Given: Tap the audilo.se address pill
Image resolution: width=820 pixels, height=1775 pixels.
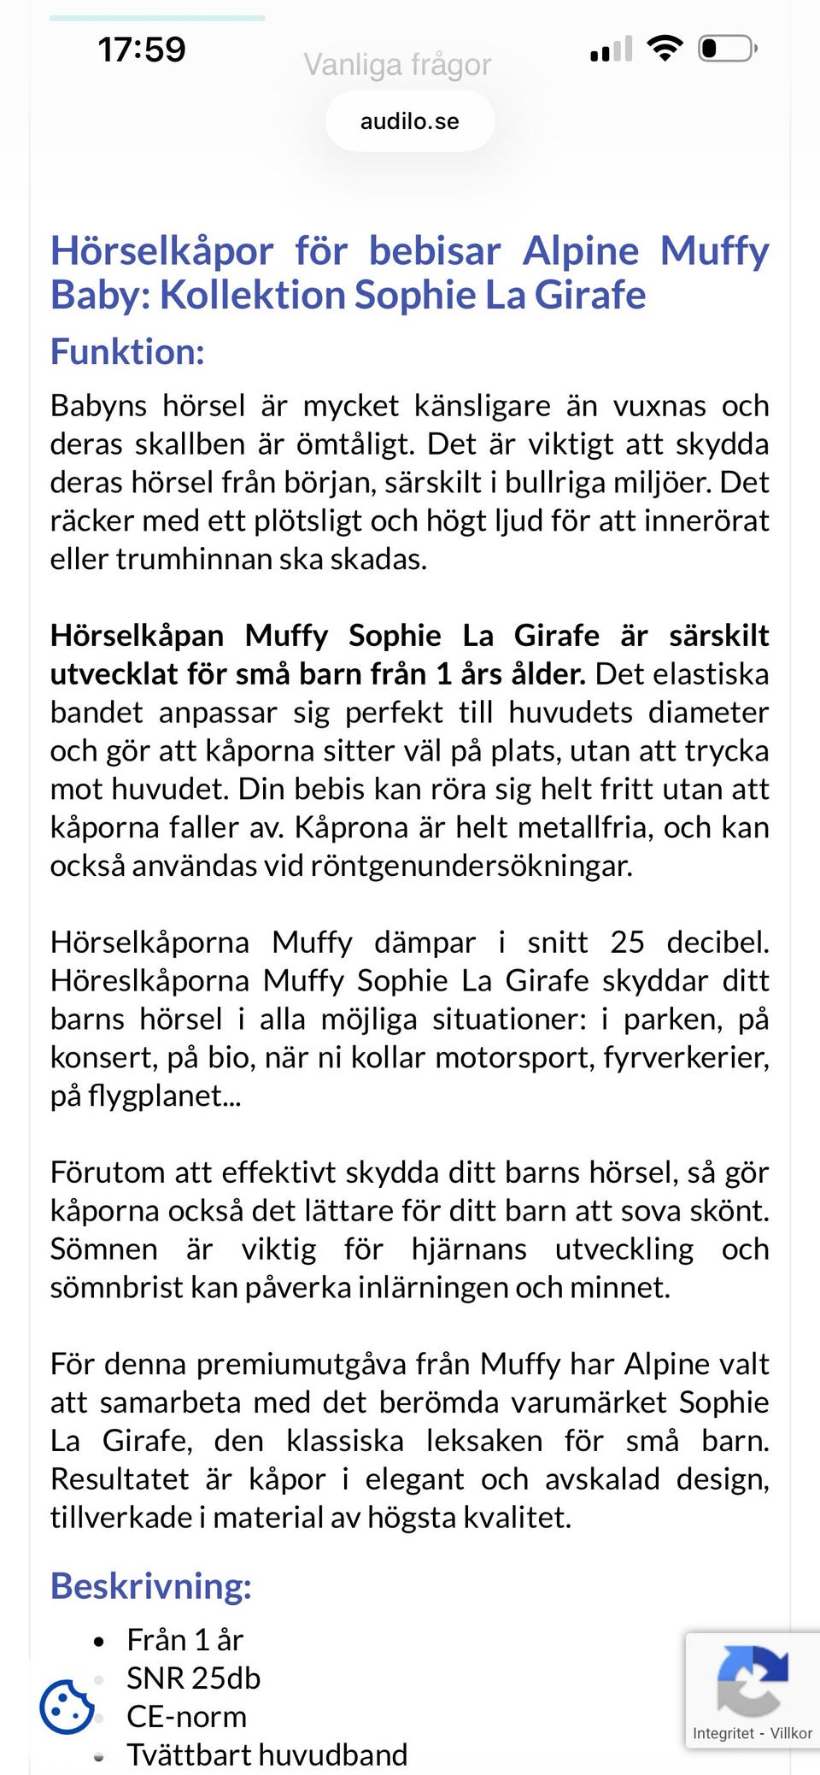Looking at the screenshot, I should (x=409, y=121).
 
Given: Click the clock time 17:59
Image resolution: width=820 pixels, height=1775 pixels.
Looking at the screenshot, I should (x=142, y=50).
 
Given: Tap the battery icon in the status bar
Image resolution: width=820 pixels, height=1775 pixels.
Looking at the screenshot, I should (x=727, y=48).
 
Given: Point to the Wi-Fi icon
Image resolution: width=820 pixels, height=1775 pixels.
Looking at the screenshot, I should (x=665, y=47).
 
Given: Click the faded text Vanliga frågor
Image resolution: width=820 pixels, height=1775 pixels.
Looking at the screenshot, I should (x=397, y=65).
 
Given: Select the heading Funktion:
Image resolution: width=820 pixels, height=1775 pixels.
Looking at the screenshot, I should (x=127, y=351).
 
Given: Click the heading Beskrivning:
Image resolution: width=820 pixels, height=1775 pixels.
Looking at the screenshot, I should (x=151, y=1585).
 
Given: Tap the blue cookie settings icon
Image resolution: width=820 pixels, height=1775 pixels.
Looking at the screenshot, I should (x=66, y=1707).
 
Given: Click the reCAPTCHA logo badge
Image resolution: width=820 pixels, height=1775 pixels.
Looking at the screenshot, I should (x=752, y=1680).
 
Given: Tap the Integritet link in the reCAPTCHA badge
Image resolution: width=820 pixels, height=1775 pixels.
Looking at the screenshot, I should (x=723, y=1733).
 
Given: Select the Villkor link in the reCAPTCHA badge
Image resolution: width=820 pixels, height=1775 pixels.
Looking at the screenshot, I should (x=791, y=1733).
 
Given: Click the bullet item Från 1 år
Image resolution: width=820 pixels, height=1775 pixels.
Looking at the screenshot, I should (x=184, y=1639).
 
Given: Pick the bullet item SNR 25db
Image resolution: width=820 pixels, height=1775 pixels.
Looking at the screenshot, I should (x=193, y=1678).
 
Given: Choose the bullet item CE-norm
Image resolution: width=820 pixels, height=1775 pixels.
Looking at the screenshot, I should (x=186, y=1716).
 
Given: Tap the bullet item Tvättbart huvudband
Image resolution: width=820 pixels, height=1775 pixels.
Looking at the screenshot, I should (x=266, y=1754).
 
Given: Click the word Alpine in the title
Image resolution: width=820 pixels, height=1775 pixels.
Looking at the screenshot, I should (x=581, y=251).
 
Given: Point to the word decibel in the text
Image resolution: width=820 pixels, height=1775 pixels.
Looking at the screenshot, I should (x=717, y=942).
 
